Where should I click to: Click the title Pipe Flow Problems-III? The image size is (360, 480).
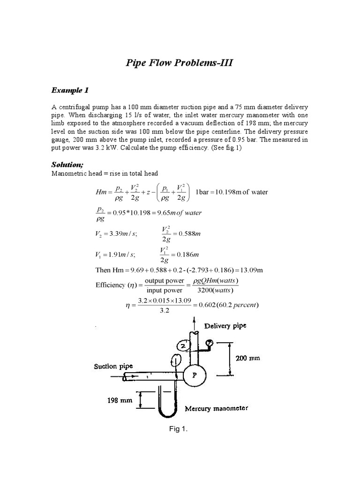[180, 63]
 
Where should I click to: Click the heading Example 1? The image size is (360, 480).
[70, 90]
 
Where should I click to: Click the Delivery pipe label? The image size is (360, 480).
[225, 325]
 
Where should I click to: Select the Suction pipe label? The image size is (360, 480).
[113, 366]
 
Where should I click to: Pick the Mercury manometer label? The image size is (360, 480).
[216, 408]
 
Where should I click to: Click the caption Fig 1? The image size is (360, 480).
[181, 429]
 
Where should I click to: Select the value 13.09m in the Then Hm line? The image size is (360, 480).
[251, 270]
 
